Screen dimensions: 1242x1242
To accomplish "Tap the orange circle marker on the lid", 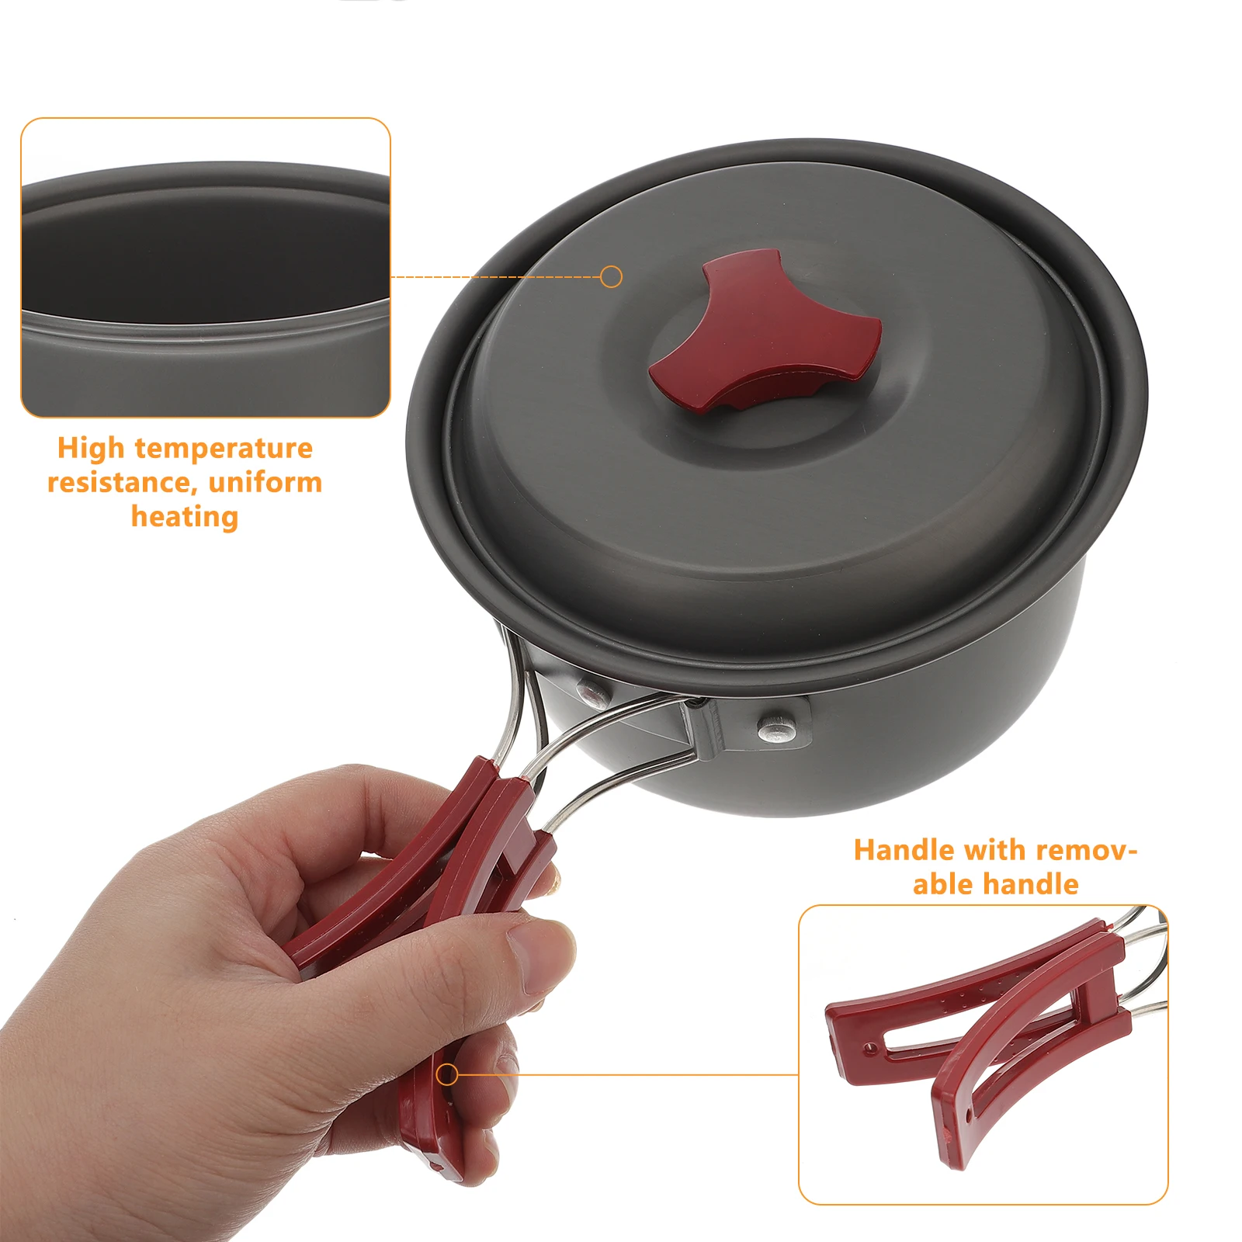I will [612, 276].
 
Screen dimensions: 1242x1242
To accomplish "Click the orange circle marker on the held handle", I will [446, 1074].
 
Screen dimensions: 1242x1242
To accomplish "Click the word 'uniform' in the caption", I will [265, 483].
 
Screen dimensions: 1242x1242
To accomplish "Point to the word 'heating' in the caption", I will [185, 517].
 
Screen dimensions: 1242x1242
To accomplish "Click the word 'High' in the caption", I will [91, 448].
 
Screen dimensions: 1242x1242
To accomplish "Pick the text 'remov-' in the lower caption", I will [1087, 850].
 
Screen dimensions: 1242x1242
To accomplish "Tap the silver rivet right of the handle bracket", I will [777, 727].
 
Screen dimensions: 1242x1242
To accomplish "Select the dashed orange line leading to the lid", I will [497, 277].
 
